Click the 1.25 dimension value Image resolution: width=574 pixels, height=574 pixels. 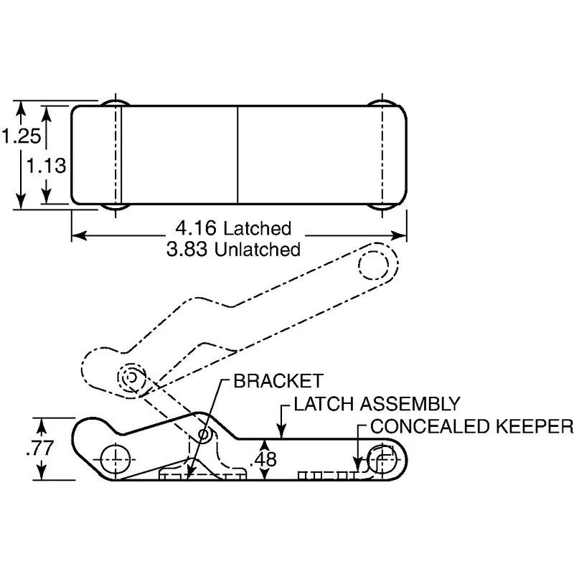click(x=19, y=136)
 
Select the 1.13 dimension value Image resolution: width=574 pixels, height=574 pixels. click(x=47, y=166)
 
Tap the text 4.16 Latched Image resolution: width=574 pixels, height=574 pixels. click(x=233, y=229)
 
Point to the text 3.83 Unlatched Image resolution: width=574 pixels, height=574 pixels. click(x=233, y=250)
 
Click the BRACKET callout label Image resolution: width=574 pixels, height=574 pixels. click(x=278, y=381)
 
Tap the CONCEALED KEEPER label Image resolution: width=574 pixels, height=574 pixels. click(x=471, y=426)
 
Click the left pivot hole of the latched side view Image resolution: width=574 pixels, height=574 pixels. click(x=116, y=458)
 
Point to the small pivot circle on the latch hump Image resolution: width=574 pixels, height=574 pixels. click(x=204, y=434)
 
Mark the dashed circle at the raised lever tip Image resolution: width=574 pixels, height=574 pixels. click(x=374, y=265)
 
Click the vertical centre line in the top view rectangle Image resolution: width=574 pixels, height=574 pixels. click(x=237, y=154)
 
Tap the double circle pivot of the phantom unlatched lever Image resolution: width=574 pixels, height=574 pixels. click(x=131, y=377)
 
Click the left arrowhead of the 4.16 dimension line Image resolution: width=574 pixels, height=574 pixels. click(x=78, y=235)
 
